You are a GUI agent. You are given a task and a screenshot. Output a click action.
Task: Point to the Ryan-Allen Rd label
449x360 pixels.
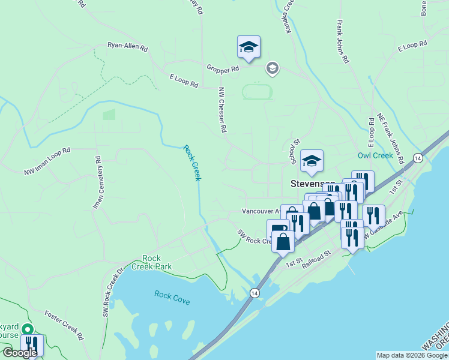click(127, 46)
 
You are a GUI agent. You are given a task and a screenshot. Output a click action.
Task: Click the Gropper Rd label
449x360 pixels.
click(223, 70)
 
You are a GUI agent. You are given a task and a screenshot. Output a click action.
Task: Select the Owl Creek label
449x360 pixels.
click(375, 155)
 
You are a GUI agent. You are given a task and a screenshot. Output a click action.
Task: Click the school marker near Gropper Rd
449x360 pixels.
click(249, 47)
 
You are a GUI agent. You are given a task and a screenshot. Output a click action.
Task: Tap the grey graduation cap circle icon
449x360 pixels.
click(273, 68)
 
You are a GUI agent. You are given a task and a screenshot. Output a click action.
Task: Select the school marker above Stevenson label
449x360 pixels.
click(312, 161)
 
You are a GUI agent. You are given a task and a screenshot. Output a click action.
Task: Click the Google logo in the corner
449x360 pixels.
click(19, 353)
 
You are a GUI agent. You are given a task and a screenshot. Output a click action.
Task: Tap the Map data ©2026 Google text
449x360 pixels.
click(412, 355)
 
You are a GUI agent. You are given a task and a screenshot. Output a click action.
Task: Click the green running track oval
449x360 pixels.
click(257, 92)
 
